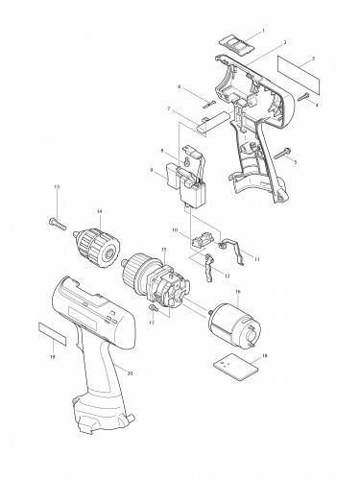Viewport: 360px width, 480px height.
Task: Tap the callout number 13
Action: [57, 185]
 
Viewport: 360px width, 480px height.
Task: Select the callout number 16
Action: [236, 293]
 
